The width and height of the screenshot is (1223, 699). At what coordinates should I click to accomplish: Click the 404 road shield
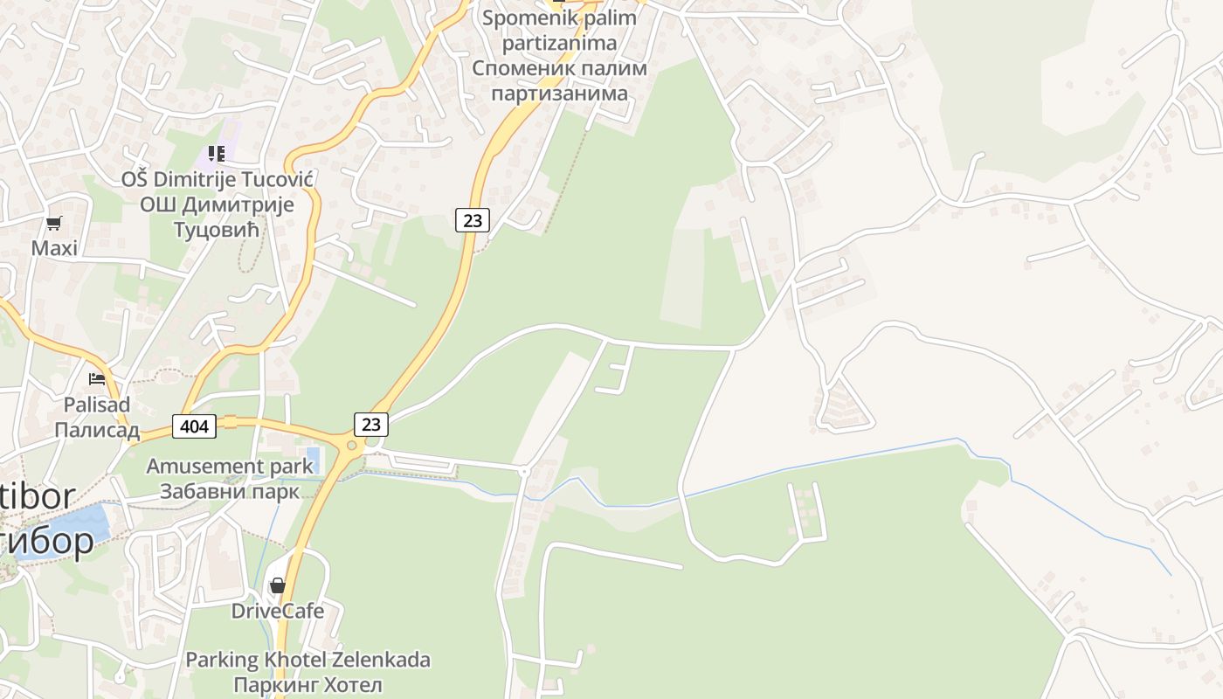click(x=195, y=426)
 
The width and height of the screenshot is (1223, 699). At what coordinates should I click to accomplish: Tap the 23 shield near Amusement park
click(x=371, y=425)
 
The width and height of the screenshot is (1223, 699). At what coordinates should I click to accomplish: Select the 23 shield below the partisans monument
click(x=472, y=220)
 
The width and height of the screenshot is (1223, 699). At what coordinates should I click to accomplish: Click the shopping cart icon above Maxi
click(x=54, y=223)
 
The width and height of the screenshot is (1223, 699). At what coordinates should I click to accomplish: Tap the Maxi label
click(x=54, y=248)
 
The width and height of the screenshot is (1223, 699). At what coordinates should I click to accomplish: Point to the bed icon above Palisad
click(x=97, y=379)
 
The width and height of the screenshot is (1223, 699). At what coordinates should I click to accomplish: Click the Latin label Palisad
click(x=97, y=405)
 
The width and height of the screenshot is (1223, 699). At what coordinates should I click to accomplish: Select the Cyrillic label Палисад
click(x=97, y=430)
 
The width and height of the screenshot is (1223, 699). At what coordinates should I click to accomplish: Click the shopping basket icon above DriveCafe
click(x=278, y=585)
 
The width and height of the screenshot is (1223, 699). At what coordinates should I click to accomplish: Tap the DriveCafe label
click(x=278, y=611)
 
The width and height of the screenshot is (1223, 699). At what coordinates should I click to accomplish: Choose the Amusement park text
click(x=229, y=466)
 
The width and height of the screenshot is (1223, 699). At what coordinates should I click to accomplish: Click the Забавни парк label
click(x=229, y=491)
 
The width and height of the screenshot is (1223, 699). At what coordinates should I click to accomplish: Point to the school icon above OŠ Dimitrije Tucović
click(x=217, y=155)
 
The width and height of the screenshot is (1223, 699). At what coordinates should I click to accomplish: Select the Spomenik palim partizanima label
click(x=560, y=30)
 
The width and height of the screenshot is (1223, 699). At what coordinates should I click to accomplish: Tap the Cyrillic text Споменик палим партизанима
click(x=560, y=80)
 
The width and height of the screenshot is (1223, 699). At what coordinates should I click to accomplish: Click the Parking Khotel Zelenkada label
click(x=307, y=660)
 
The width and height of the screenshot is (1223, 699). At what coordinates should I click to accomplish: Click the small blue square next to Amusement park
click(x=313, y=456)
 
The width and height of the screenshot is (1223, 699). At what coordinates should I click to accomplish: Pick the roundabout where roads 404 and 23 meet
click(x=352, y=446)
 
